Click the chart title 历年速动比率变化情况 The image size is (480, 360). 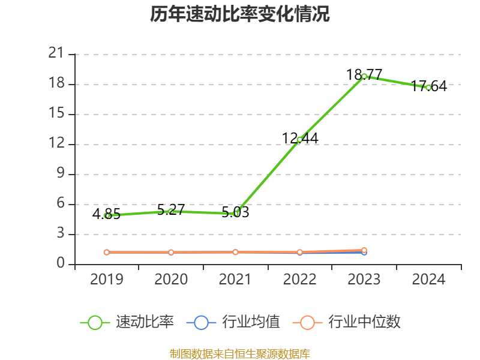tap(240, 14)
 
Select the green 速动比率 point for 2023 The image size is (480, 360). tap(364, 76)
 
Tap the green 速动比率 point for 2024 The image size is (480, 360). tap(428, 88)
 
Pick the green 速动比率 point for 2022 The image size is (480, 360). tap(300, 140)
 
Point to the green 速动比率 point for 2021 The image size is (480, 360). tap(236, 214)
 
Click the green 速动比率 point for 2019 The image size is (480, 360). tap(107, 215)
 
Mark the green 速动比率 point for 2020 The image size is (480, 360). tap(171, 211)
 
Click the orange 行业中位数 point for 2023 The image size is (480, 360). tap(364, 250)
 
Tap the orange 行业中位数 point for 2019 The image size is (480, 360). tap(107, 253)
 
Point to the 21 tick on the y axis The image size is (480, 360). tap(56, 53)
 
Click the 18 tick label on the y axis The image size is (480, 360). tap(56, 83)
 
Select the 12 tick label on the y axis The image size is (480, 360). tap(56, 143)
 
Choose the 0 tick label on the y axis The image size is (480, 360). tap(60, 263)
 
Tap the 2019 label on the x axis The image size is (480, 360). tap(107, 279)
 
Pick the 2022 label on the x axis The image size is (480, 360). tap(300, 279)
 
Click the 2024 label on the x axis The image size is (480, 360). tap(428, 279)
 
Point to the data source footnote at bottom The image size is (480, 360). tap(240, 353)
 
